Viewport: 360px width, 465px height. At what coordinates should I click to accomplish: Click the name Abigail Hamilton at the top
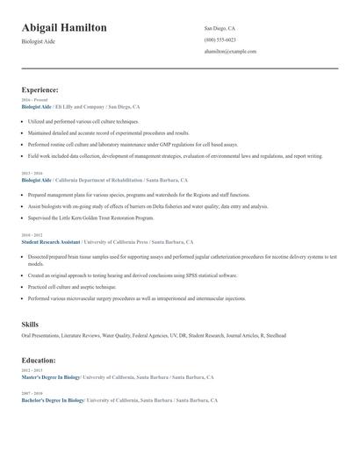point(64,28)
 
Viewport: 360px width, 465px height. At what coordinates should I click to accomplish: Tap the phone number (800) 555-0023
point(220,39)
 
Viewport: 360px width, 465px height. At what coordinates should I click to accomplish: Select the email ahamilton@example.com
point(230,52)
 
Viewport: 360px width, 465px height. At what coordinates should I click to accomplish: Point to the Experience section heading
point(40,89)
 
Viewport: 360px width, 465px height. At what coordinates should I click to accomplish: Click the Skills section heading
point(31,325)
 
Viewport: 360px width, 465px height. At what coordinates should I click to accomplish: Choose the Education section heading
point(39,360)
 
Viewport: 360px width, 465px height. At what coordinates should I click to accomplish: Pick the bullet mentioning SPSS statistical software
point(132,275)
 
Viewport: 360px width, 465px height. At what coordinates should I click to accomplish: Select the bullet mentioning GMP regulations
point(132,144)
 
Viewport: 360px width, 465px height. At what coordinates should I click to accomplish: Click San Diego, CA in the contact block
point(220,28)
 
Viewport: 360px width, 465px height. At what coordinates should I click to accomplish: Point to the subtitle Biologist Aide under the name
point(38,41)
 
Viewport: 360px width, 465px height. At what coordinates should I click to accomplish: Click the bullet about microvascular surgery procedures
point(136,298)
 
